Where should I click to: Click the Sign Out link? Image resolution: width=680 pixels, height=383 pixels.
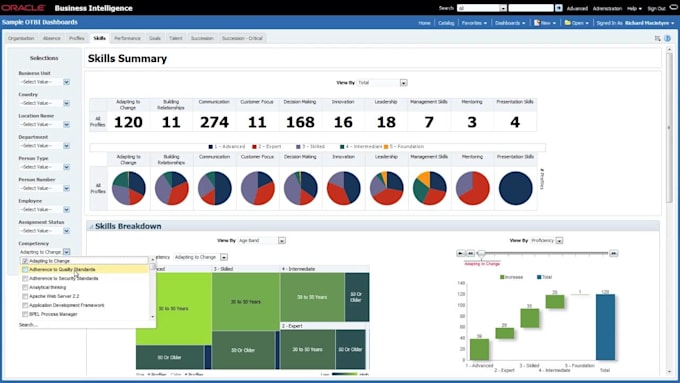tap(657, 7)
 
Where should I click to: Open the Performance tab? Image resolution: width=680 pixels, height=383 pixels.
tap(127, 38)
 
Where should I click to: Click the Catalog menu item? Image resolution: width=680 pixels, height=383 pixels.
tap(446, 22)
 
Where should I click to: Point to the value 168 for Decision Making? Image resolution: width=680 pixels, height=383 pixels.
tap(299, 122)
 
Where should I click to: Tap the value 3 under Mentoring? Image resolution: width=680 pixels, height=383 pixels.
tap(472, 122)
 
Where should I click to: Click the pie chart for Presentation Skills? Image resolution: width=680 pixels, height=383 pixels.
tap(515, 188)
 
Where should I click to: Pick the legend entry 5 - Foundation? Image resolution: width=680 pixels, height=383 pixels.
tap(404, 146)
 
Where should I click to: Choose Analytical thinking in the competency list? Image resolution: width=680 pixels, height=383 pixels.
tap(49, 287)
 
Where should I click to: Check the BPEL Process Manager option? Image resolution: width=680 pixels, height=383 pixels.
tap(25, 314)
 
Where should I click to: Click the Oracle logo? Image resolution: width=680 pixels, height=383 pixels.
tap(26, 7)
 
